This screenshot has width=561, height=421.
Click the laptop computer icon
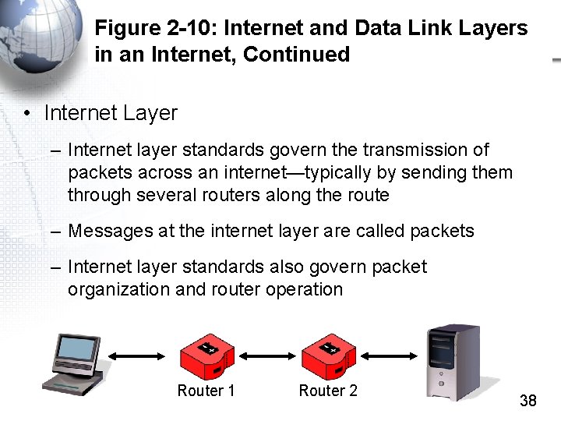(x=76, y=366)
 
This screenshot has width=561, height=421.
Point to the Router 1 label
(x=206, y=391)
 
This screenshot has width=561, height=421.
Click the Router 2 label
(x=328, y=391)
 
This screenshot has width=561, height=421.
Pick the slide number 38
(x=527, y=402)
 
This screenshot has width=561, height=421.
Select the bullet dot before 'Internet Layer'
(x=26, y=114)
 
